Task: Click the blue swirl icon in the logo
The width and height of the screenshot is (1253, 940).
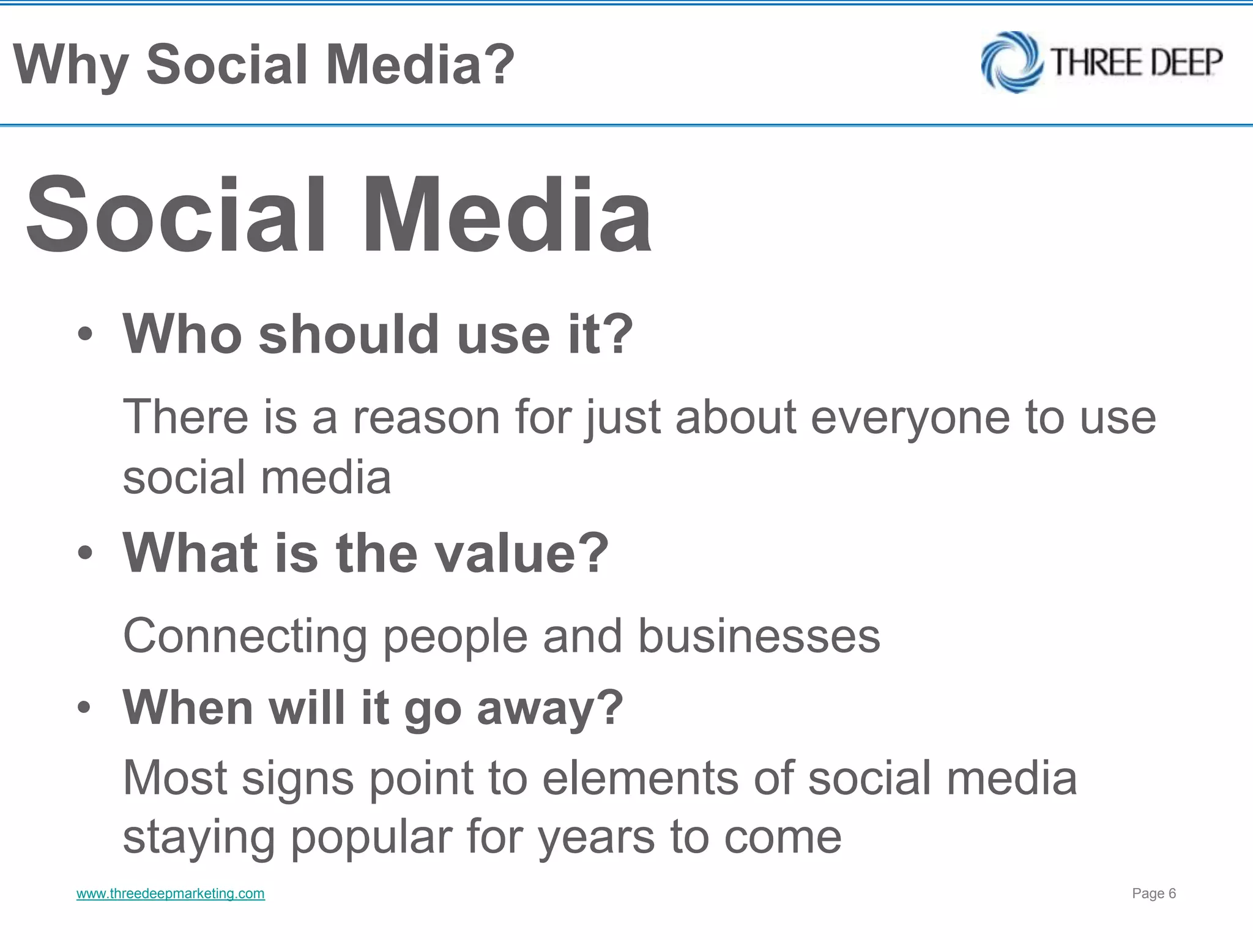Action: [x=1011, y=62]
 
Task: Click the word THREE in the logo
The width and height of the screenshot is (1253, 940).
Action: [x=1087, y=62]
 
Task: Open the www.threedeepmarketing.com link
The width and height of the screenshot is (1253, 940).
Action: [x=170, y=893]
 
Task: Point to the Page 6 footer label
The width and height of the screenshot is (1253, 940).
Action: [x=1154, y=893]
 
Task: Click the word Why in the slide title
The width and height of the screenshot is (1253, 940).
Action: [x=70, y=65]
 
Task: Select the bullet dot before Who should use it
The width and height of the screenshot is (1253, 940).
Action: [x=85, y=335]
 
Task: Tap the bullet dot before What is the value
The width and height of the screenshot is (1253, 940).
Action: [x=85, y=553]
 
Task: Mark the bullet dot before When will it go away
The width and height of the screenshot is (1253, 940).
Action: [x=85, y=708]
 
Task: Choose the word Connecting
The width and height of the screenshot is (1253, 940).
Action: [x=245, y=637]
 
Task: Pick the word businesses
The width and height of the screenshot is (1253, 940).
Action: [x=759, y=636]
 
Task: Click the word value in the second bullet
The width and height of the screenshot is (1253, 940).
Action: [x=532, y=553]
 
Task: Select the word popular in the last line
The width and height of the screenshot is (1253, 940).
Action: [x=371, y=838]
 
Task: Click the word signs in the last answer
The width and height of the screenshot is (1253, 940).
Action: [x=298, y=780]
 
